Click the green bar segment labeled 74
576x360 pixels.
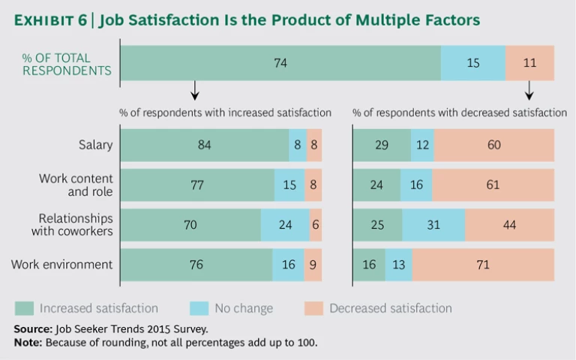tap(280, 63)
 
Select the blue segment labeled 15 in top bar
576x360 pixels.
tap(472, 63)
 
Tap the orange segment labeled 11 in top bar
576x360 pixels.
tap(529, 63)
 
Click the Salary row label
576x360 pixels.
tap(95, 145)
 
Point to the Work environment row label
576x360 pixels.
tap(62, 264)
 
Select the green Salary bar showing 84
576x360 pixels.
tap(204, 145)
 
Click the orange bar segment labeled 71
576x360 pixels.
tap(483, 265)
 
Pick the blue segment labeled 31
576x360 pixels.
tap(433, 225)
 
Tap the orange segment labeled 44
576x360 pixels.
tap(509, 225)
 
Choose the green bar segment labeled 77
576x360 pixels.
tap(197, 184)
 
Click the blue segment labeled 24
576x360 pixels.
tap(285, 225)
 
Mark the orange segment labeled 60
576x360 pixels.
tap(493, 145)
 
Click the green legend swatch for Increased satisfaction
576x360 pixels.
tap(24, 308)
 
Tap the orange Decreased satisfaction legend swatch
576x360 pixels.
tap(313, 308)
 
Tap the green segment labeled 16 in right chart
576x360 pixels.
tap(368, 265)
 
